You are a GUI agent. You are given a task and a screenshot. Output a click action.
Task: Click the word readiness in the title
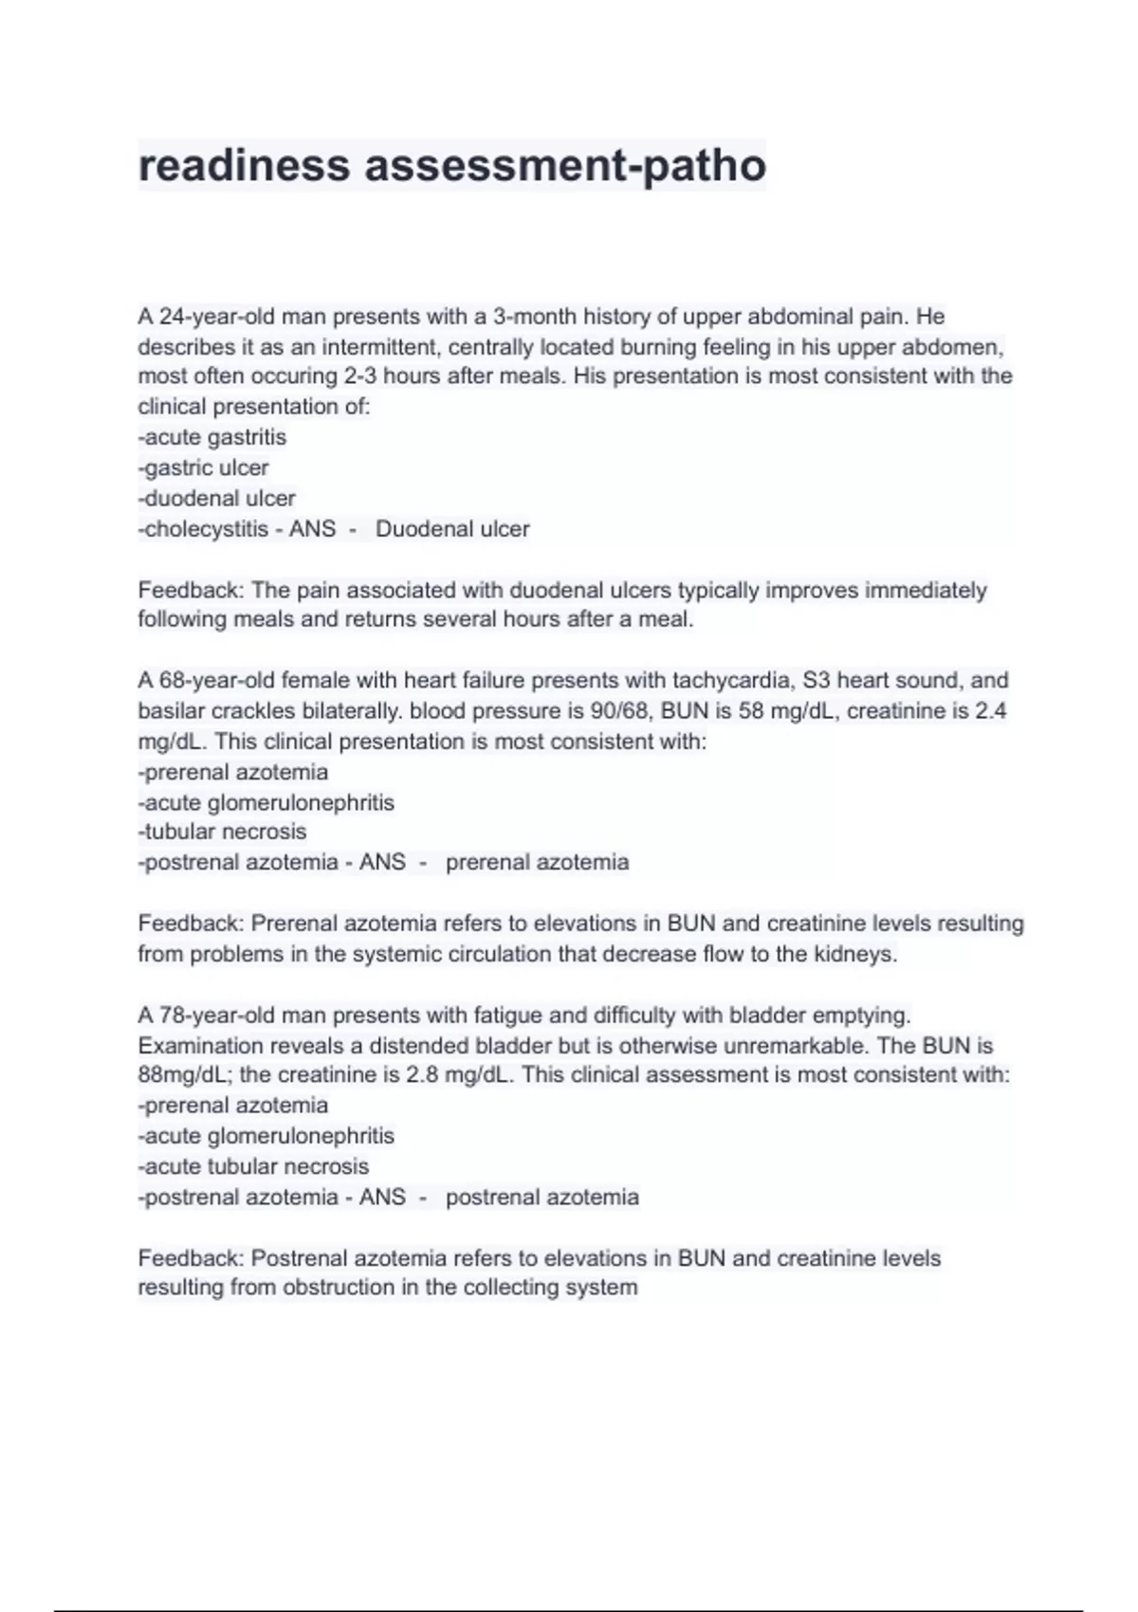[x=244, y=165]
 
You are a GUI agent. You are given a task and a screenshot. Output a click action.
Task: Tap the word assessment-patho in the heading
[x=565, y=165]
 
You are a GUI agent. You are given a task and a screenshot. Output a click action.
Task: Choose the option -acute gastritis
[x=212, y=437]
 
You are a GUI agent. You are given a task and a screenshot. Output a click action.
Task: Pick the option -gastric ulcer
[x=204, y=467]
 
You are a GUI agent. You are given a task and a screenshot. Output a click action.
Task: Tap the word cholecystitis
[x=207, y=529]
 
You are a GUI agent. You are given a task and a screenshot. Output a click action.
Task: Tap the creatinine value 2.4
[x=991, y=711]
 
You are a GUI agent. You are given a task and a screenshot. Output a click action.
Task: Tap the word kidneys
[x=854, y=954]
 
